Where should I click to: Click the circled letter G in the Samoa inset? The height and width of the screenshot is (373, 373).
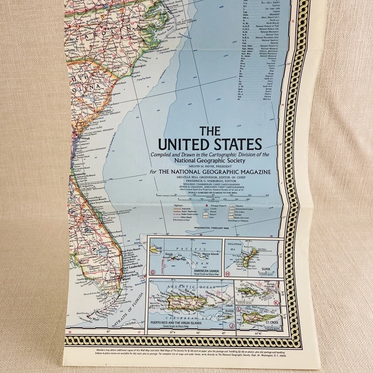pyautogui.click(x=153, y=272)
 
